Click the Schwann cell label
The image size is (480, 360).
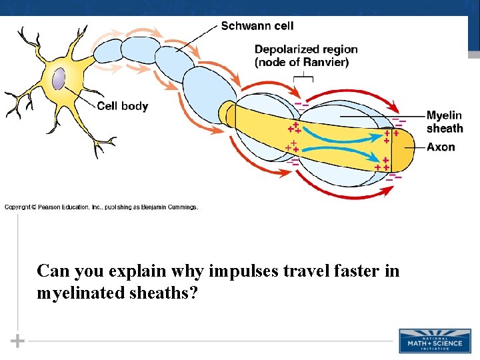pos(257,26)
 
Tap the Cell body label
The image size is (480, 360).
pos(123,106)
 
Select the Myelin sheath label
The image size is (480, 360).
pos(445,122)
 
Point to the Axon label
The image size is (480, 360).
pos(441,147)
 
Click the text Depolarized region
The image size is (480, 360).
pos(306,49)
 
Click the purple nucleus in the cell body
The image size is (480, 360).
pos(59,78)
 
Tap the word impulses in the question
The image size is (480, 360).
pos(238,271)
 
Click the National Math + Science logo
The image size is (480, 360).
pos(435,340)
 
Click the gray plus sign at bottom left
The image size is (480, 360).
pos(17,341)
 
